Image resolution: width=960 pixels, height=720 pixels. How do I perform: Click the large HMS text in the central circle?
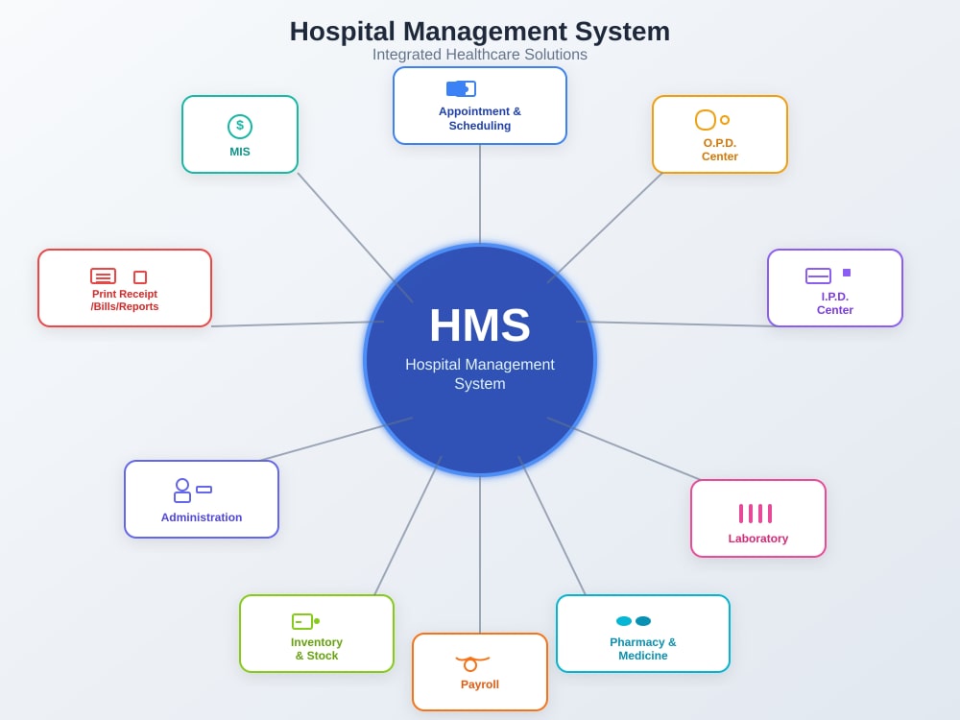coord(479,325)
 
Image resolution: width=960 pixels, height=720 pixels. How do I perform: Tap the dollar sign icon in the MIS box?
coord(240,127)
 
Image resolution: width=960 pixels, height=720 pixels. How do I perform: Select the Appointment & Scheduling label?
coord(479,118)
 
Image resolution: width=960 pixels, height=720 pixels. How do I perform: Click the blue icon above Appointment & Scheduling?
coord(461,88)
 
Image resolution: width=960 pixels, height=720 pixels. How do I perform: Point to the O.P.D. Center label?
coord(719,150)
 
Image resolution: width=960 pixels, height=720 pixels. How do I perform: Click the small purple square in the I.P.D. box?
coord(847,273)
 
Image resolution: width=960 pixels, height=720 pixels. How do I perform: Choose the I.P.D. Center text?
coord(834,303)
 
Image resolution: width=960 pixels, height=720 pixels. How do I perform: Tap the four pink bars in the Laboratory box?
coord(755,514)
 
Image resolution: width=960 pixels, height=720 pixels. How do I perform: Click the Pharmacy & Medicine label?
coord(643,648)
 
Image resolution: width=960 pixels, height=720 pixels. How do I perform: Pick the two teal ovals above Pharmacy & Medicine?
coord(633,621)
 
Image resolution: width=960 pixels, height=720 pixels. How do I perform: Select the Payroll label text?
coord(479,684)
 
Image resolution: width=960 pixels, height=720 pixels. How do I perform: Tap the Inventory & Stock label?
coord(317,648)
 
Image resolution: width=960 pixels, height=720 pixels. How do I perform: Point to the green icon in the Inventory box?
coord(305,621)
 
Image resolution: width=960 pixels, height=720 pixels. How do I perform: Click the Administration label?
coord(202,517)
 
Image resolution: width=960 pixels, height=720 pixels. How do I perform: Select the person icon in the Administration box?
coord(181,491)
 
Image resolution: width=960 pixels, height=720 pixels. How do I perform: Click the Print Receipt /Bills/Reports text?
coord(124,300)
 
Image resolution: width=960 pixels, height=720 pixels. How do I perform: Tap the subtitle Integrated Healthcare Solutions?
coord(479,55)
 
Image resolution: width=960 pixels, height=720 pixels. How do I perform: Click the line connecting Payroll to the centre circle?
coord(480,555)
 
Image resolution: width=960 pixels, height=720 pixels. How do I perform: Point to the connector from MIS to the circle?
coord(355,237)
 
